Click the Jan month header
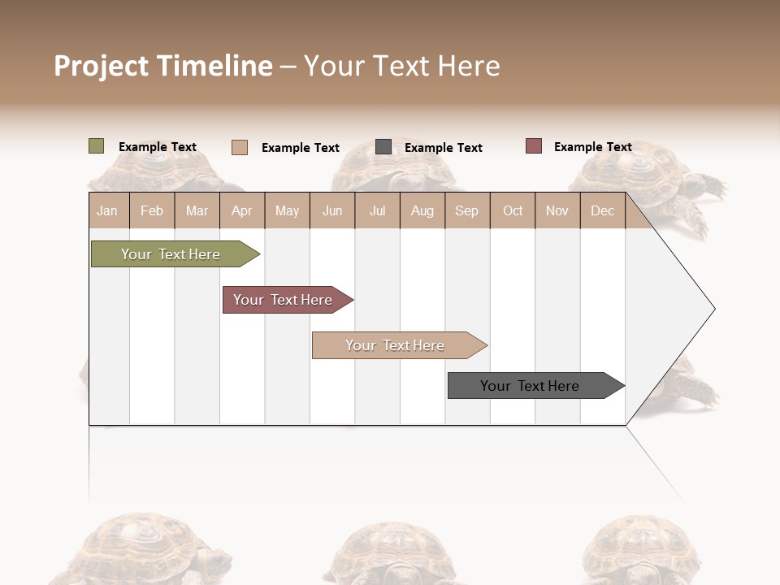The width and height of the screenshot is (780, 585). (x=107, y=211)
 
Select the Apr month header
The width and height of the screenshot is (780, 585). (x=242, y=211)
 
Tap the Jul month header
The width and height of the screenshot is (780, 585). (x=377, y=211)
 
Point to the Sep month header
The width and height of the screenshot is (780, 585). (x=466, y=211)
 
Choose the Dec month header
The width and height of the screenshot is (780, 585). (x=602, y=211)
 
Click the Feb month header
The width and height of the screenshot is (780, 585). (x=152, y=211)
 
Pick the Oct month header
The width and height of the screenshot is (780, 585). (x=513, y=211)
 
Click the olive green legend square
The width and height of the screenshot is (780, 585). (x=97, y=146)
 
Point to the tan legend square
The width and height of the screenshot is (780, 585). (x=240, y=147)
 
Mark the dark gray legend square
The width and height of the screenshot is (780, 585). (x=383, y=147)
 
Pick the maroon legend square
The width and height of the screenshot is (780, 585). (x=534, y=146)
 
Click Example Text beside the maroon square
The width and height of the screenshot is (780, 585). (x=592, y=147)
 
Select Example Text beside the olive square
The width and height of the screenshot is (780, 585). (x=158, y=147)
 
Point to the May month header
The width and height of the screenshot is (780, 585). (x=287, y=211)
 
